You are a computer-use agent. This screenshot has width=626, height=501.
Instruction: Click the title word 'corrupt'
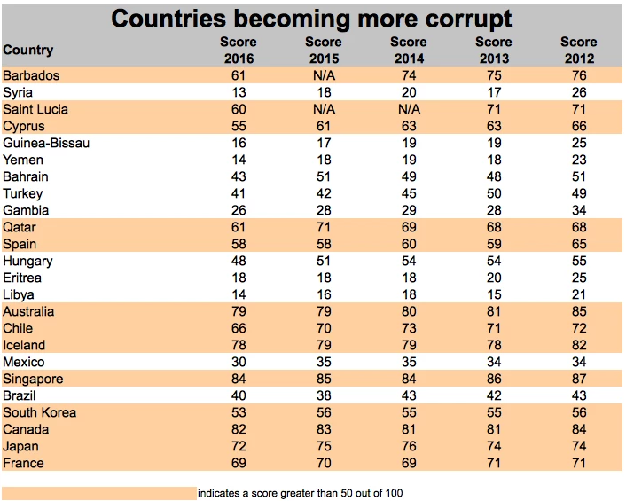click(460, 18)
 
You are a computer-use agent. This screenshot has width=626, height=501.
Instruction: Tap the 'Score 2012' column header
click(578, 50)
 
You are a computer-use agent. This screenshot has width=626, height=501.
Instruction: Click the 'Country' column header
click(27, 51)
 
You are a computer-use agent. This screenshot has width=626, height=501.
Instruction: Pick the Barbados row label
click(31, 75)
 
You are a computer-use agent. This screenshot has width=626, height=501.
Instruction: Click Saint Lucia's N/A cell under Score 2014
click(408, 109)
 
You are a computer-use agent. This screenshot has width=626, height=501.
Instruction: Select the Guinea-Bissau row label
click(46, 143)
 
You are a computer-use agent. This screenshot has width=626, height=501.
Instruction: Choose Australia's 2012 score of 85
click(578, 311)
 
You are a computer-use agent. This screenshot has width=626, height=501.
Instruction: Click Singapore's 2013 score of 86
click(493, 379)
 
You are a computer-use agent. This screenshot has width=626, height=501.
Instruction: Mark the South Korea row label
click(40, 412)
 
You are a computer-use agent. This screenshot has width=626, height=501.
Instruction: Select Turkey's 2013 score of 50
click(493, 193)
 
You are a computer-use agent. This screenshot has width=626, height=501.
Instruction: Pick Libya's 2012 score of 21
click(578, 294)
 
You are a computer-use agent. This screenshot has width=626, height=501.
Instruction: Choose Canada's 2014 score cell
click(408, 429)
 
